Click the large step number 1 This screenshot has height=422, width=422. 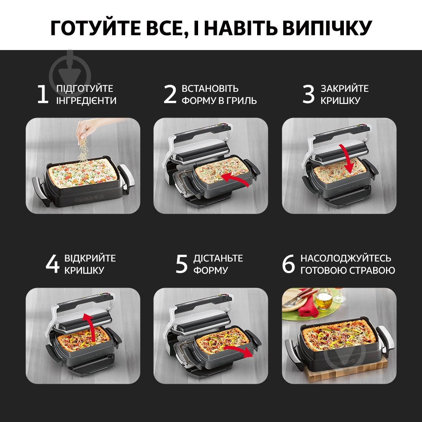(x=43, y=95)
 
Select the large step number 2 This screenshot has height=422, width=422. (x=170, y=95)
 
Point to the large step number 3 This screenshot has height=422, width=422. (x=309, y=95)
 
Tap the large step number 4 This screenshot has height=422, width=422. (x=53, y=265)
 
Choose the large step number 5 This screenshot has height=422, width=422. (x=182, y=265)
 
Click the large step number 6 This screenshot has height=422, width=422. (x=288, y=265)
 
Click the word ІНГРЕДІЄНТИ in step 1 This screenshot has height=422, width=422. (x=86, y=101)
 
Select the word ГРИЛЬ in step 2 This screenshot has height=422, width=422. (x=243, y=101)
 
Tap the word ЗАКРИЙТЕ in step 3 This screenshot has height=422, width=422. (x=345, y=89)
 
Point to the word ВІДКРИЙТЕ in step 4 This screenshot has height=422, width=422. (x=90, y=259)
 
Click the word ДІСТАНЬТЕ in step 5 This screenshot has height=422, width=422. (x=218, y=259)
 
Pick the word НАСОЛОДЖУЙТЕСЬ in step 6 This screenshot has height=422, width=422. (x=346, y=259)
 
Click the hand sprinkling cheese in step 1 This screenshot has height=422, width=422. (x=85, y=131)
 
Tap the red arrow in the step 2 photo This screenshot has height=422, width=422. (x=234, y=177)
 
